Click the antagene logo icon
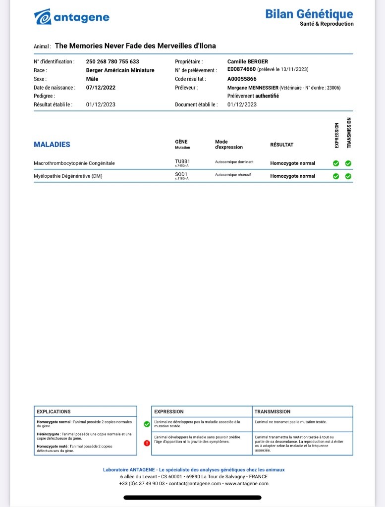pyautogui.click(x=42, y=17)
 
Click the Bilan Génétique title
pyautogui.click(x=309, y=14)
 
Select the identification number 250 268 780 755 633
pyautogui.click(x=112, y=62)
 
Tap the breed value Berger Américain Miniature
pyautogui.click(x=120, y=70)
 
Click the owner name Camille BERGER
pyautogui.click(x=247, y=62)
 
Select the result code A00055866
pyautogui.click(x=242, y=79)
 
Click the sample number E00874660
pyautogui.click(x=241, y=70)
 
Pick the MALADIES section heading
pyautogui.click(x=52, y=145)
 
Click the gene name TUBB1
pyautogui.click(x=182, y=161)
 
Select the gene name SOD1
pyautogui.click(x=181, y=174)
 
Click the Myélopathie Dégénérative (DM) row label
pyautogui.click(x=68, y=176)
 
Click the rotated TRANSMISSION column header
pyautogui.click(x=349, y=133)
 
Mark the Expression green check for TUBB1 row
pyautogui.click(x=336, y=163)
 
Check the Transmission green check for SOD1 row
pyautogui.click(x=348, y=176)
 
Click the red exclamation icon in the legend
pyautogui.click(x=146, y=443)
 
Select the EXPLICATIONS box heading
pyautogui.click(x=54, y=411)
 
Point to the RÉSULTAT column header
pyautogui.click(x=281, y=145)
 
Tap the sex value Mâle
pyautogui.click(x=92, y=79)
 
